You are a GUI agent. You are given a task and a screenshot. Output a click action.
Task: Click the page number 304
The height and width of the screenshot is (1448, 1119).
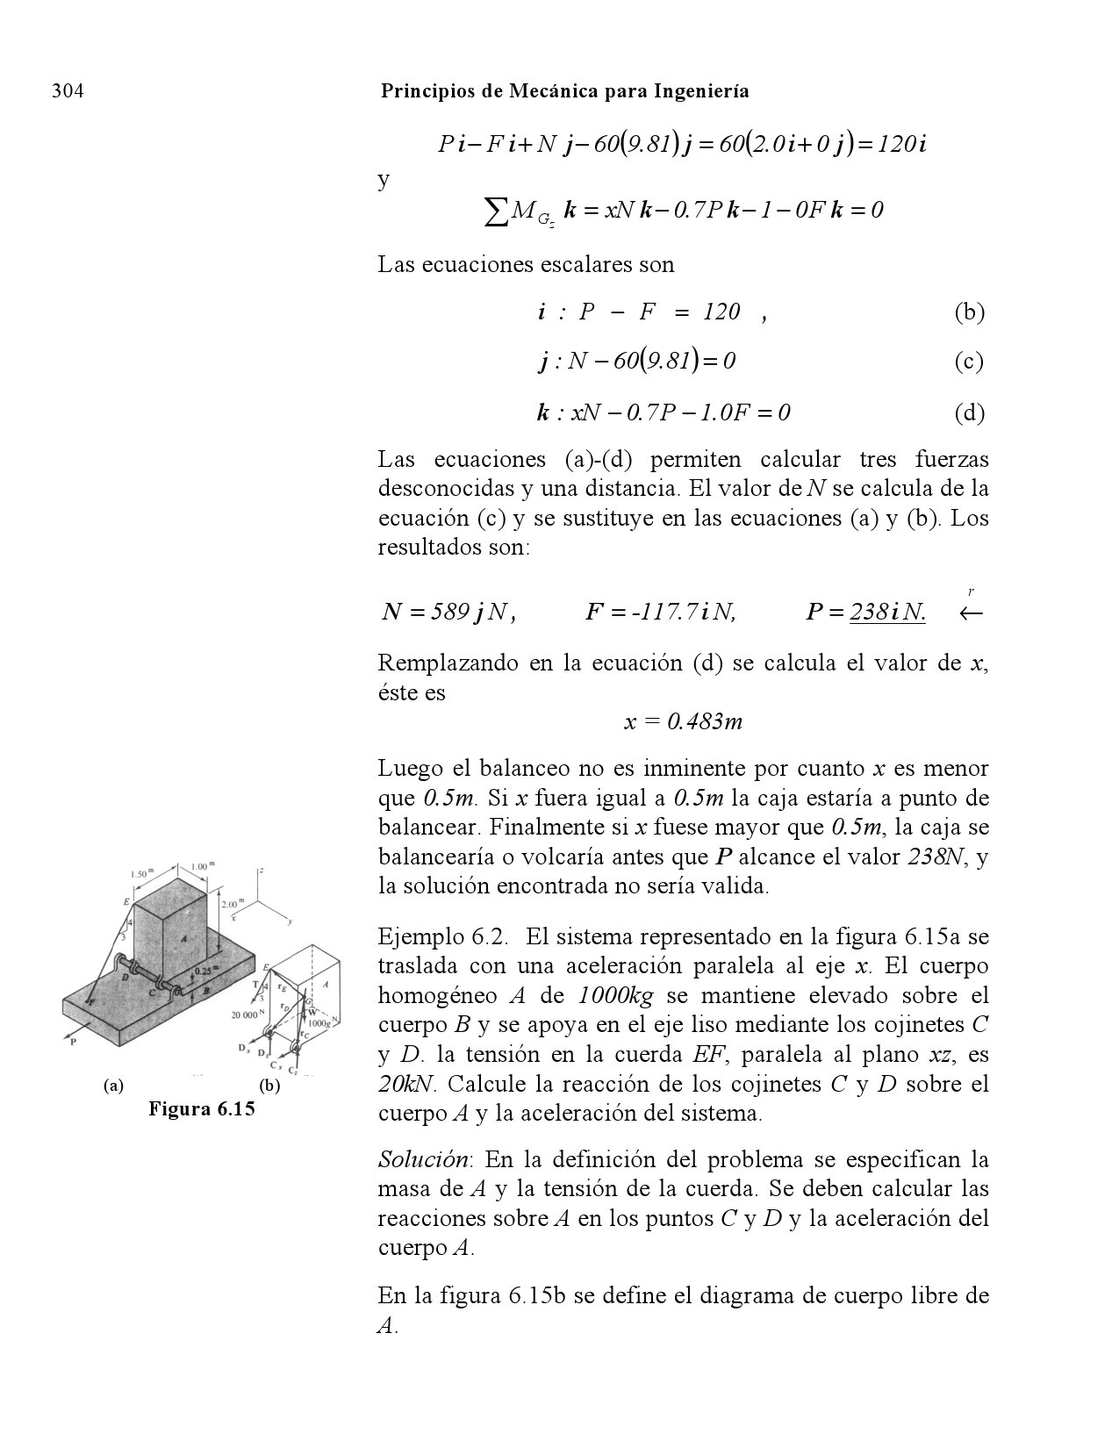[x=68, y=91]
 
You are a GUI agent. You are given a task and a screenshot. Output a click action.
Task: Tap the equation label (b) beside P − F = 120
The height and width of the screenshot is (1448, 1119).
[x=969, y=312]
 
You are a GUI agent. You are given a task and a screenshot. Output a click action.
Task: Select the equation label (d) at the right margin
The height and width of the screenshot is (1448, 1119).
[x=969, y=412]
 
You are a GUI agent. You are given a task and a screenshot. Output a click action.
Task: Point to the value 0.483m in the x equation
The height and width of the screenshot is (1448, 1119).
[x=705, y=722]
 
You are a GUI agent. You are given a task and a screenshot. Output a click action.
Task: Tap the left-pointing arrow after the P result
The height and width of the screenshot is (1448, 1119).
[x=971, y=613]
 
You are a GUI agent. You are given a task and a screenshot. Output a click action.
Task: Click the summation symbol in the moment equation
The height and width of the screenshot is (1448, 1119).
[x=497, y=211]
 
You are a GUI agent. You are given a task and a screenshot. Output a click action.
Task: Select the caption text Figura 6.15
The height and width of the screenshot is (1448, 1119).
[x=201, y=1108]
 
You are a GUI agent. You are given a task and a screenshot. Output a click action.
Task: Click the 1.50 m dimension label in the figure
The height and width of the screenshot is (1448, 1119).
[x=141, y=874]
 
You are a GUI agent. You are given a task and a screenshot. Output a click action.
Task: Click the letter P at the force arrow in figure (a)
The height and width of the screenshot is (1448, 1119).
[x=74, y=1042]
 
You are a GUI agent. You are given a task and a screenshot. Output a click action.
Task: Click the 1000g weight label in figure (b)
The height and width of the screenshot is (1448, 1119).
[x=319, y=1022]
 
